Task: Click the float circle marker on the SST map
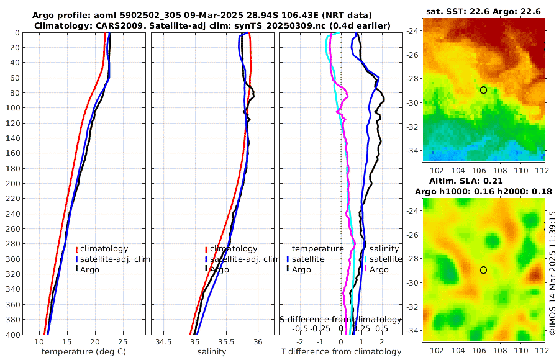(483, 90)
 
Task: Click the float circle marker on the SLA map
(483, 270)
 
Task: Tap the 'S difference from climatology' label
(340, 318)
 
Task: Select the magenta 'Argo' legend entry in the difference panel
(379, 269)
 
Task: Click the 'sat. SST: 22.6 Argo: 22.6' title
(483, 11)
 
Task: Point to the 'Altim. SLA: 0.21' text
(483, 180)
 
